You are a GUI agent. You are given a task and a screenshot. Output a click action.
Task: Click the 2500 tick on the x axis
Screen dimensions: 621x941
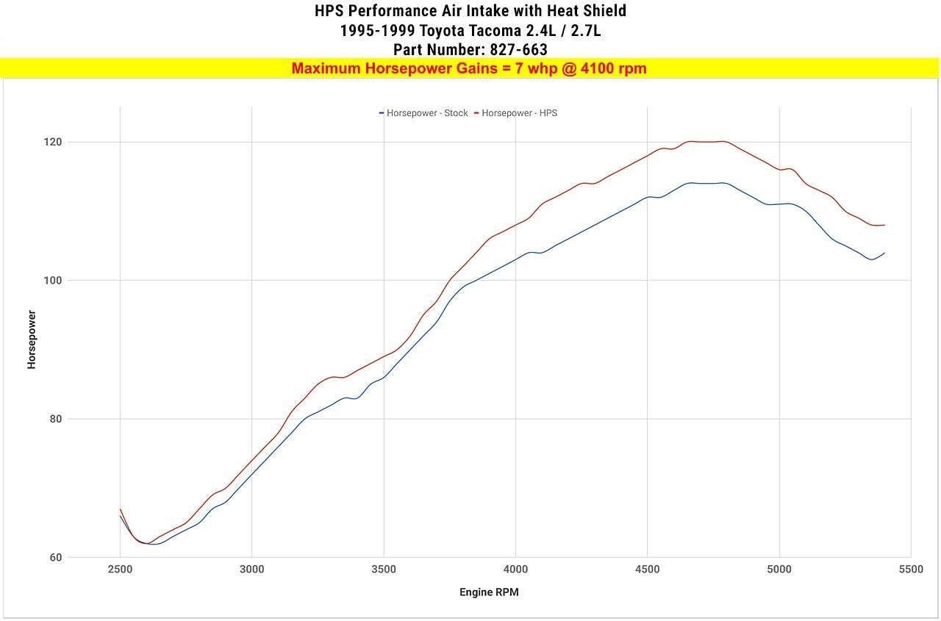tap(121, 570)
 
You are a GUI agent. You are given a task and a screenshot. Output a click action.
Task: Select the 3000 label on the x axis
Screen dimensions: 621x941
tap(252, 570)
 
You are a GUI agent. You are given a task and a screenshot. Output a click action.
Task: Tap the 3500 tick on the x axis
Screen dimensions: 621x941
tap(384, 570)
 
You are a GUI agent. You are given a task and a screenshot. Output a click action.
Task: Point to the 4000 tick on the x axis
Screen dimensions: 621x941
tap(515, 570)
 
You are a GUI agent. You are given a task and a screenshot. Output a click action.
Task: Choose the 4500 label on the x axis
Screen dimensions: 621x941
tap(647, 570)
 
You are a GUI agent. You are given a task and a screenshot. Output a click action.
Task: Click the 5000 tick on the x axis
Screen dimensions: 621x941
tap(779, 570)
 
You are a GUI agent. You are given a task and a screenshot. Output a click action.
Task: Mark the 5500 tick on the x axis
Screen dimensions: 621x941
tap(911, 570)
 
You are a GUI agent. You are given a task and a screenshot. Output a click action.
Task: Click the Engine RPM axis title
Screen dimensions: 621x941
tap(489, 592)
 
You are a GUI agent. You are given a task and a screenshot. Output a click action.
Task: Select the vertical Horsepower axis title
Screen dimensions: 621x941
tap(32, 339)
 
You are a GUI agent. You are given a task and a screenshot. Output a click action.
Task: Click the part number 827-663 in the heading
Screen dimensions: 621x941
tap(518, 50)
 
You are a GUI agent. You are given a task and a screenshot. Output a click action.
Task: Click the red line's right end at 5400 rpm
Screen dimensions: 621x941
tap(884, 225)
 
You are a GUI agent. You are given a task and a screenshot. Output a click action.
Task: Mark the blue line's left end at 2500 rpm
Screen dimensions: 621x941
tap(121, 516)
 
